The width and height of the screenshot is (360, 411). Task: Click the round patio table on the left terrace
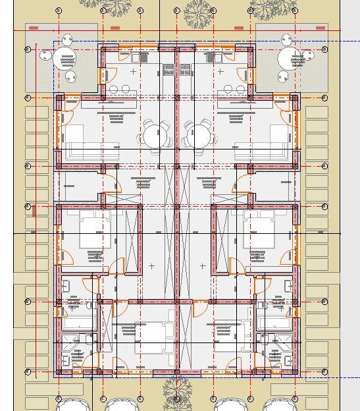coord(65,58)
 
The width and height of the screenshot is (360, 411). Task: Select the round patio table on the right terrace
coord(290,58)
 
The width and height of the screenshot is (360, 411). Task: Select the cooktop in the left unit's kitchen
coord(168,68)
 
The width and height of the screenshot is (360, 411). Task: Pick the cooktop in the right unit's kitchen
coord(186,68)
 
